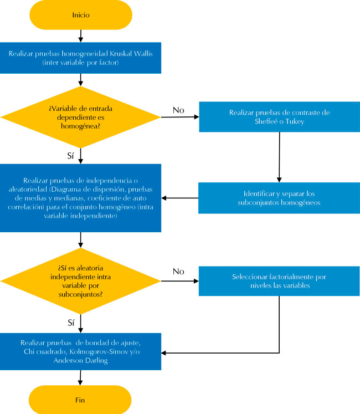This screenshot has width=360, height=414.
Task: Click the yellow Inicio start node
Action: pos(81,15)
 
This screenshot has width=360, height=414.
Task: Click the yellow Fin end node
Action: pos(81,399)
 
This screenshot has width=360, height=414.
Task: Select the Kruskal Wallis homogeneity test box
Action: pos(81,58)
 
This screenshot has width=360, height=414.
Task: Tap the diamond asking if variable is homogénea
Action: pos(81,117)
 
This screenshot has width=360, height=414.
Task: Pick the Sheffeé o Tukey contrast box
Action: pos(279,117)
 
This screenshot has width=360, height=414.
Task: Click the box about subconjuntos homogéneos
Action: pos(279,198)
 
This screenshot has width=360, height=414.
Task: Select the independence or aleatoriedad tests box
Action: pos(81,198)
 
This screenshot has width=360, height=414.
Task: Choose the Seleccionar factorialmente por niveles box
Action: pos(279,281)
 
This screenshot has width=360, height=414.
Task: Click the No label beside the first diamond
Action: pos(178,110)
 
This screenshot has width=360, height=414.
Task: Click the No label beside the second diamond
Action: pos(178,272)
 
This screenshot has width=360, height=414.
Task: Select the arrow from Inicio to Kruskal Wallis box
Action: pos(81,35)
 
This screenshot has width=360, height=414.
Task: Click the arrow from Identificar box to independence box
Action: pos(180,198)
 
